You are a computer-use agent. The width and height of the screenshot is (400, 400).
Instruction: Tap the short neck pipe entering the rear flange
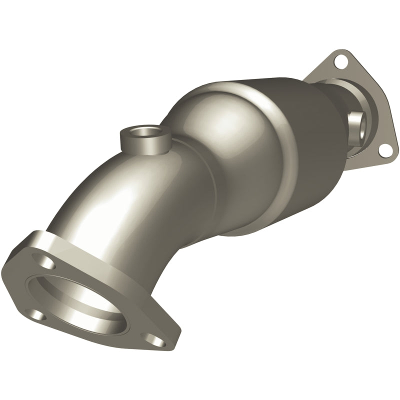[x=345, y=100]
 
